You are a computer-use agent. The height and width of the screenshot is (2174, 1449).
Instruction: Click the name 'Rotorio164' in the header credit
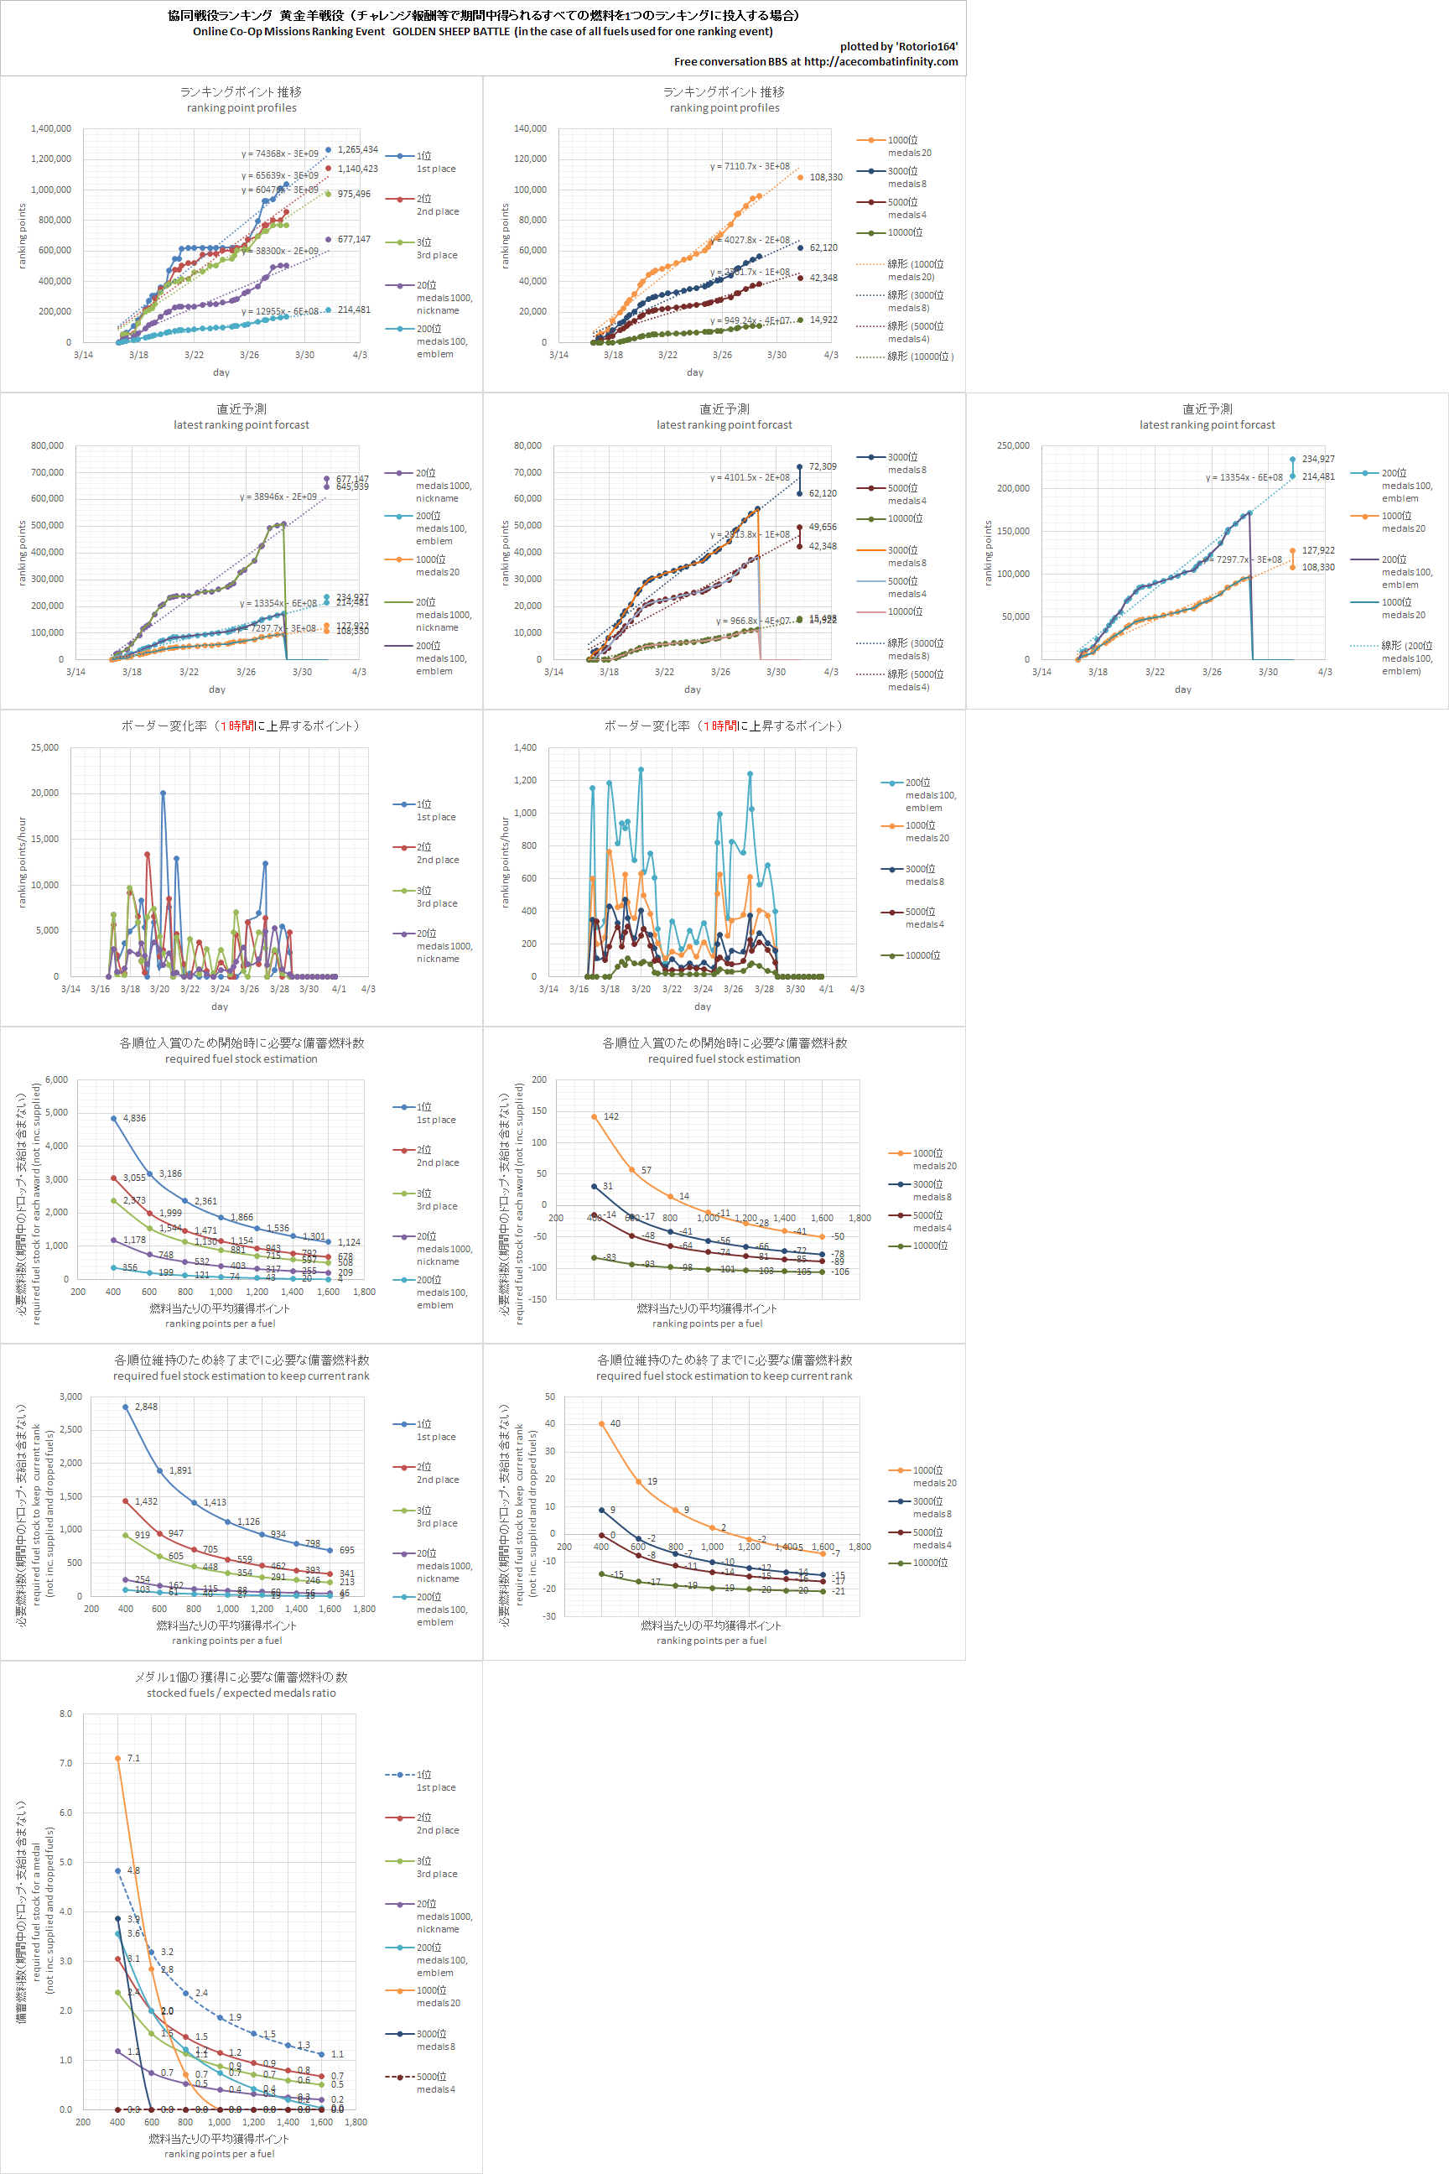(x=927, y=46)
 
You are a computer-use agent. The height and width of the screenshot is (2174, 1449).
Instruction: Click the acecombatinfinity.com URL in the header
(x=880, y=62)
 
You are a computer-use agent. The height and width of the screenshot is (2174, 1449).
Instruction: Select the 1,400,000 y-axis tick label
(x=51, y=128)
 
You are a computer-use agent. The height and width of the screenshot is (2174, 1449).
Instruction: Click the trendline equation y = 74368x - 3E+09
(x=279, y=154)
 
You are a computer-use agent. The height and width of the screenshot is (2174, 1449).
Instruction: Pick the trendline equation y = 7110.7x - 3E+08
(x=750, y=166)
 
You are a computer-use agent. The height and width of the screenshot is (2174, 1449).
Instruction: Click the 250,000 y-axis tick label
(x=1013, y=445)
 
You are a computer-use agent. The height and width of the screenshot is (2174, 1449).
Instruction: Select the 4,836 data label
(x=134, y=1118)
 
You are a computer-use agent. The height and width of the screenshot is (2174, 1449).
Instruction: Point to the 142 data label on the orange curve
(x=610, y=1116)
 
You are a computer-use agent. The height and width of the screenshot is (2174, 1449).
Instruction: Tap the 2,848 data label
(x=146, y=1407)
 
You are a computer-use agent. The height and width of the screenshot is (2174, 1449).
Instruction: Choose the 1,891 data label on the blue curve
(x=180, y=1470)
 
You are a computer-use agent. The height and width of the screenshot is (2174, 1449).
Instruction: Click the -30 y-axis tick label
(x=549, y=1616)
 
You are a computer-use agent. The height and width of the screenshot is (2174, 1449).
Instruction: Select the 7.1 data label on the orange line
(x=134, y=1758)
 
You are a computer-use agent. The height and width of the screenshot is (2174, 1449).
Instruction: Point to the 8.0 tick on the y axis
(x=65, y=1714)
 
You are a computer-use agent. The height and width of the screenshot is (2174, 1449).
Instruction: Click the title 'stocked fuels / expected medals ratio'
(x=241, y=1693)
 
